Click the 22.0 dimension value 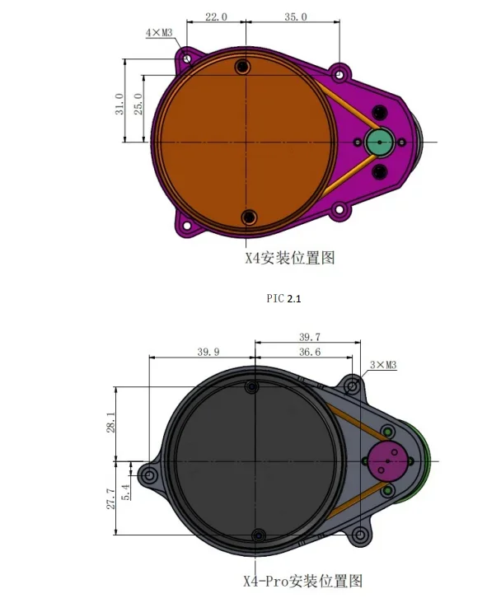(216, 16)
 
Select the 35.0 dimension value (296, 16)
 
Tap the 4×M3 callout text (159, 33)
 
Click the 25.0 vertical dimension (139, 106)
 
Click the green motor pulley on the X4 (380, 143)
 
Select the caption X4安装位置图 (289, 257)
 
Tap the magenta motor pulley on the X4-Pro (386, 461)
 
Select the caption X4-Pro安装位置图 (302, 581)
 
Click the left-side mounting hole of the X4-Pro (149, 475)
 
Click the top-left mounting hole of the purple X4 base (187, 59)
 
